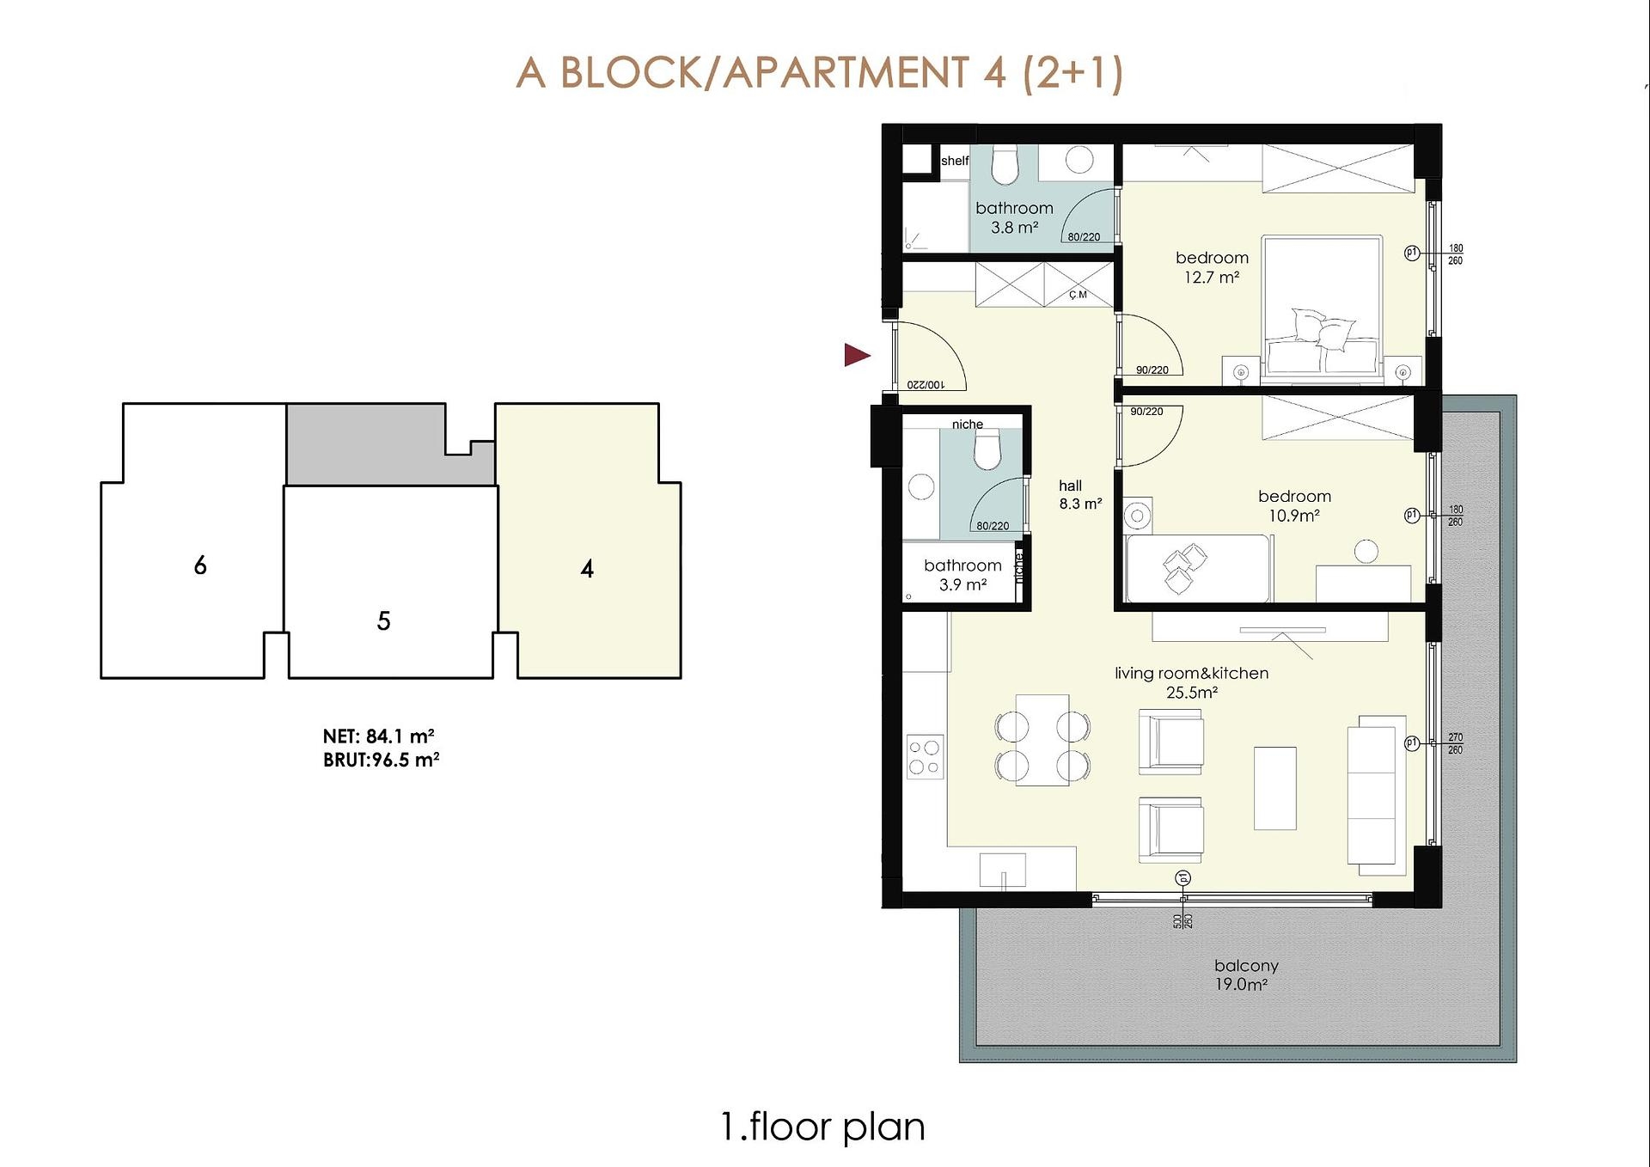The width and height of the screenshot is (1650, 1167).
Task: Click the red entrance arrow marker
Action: click(x=857, y=355)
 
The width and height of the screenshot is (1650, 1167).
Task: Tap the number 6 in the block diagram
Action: click(x=200, y=565)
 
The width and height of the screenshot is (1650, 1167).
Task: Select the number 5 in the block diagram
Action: click(x=384, y=620)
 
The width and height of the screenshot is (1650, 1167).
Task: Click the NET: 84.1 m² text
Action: click(x=378, y=736)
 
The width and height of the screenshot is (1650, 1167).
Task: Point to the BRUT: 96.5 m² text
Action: click(x=382, y=760)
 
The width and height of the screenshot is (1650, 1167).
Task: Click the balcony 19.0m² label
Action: click(x=1246, y=975)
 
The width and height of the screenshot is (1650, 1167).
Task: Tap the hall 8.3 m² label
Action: click(x=1080, y=495)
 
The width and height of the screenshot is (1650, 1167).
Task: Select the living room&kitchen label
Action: click(x=1191, y=673)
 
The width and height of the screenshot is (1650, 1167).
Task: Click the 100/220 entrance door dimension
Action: click(x=926, y=384)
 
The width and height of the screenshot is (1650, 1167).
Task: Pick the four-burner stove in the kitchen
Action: click(x=925, y=757)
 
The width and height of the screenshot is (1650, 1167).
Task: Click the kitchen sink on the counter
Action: click(x=1003, y=870)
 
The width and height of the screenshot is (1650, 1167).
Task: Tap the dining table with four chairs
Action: click(x=1042, y=740)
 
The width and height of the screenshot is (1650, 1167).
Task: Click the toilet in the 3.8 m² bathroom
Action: click(x=1004, y=165)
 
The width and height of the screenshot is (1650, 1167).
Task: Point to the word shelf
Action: click(x=955, y=161)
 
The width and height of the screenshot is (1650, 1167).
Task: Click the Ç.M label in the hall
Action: click(x=1078, y=295)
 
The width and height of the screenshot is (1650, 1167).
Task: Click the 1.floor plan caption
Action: click(x=823, y=1127)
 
